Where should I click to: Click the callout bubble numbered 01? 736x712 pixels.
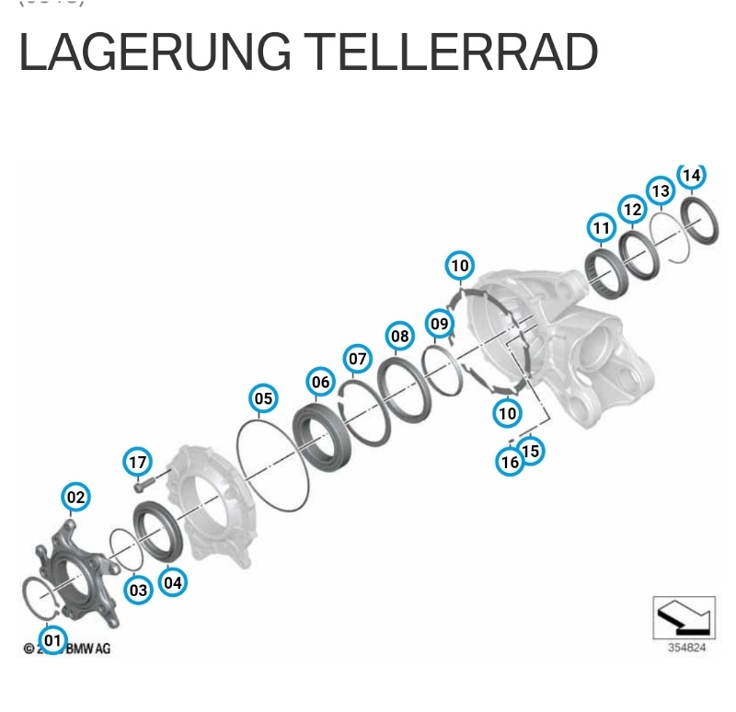(52, 638)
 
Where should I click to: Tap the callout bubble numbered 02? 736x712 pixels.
(75, 498)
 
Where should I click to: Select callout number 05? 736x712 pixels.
(263, 398)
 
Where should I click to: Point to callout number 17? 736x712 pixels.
(137, 461)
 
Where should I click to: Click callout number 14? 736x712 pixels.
(691, 175)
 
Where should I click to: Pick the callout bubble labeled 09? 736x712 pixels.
(440, 323)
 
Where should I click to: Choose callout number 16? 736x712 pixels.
(511, 462)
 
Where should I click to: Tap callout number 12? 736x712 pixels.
(632, 210)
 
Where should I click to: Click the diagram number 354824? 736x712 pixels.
(686, 648)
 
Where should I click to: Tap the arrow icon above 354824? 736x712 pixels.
(683, 616)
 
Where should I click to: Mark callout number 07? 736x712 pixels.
(357, 358)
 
